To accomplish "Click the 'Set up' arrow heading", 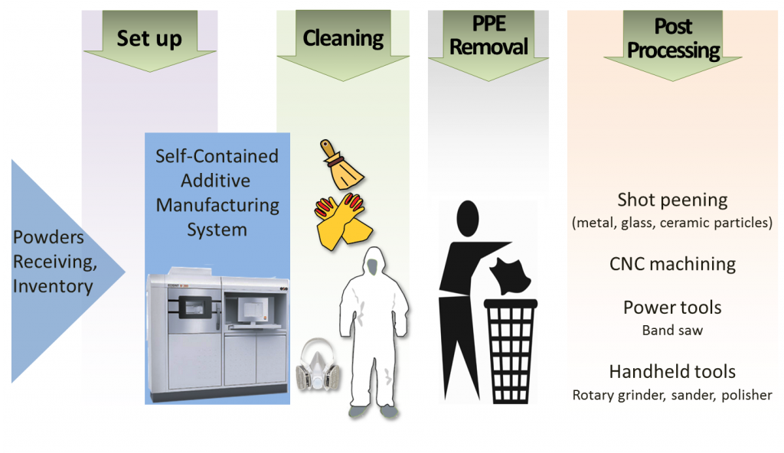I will [149, 37].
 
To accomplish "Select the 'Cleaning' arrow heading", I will [343, 37].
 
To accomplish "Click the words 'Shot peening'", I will [672, 200].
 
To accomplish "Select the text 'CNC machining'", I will [672, 265].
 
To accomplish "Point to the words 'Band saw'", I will [672, 331].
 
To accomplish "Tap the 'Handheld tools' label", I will [672, 372].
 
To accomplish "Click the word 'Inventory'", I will [52, 287].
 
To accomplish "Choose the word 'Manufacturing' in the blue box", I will [217, 206].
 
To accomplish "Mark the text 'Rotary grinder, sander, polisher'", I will [672, 396].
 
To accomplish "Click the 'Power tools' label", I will [672, 308].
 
